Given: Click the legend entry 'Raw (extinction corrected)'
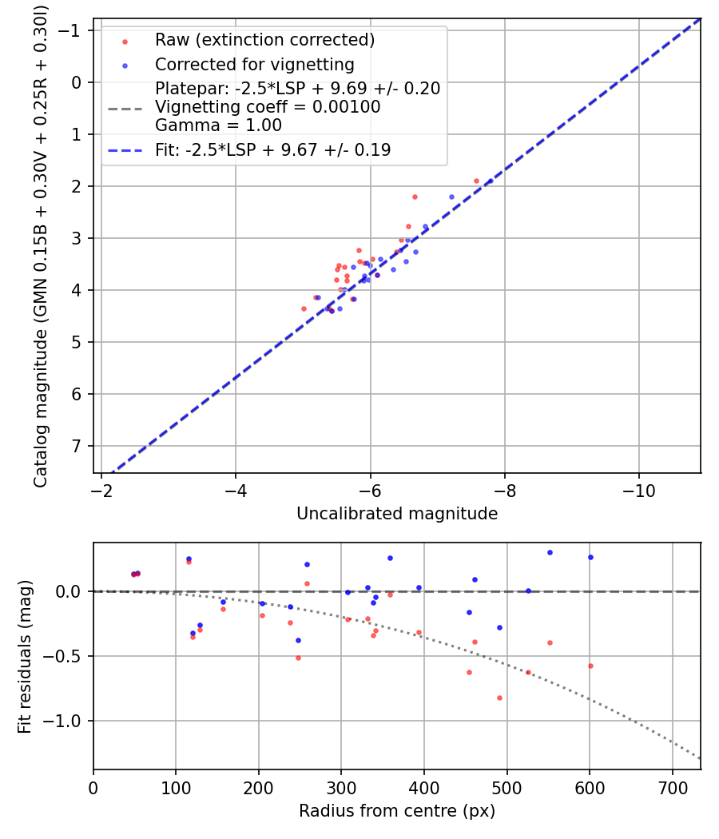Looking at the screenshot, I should (264, 40).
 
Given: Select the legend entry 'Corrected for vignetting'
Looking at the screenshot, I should (254, 64).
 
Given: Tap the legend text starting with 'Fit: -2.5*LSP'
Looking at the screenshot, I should (272, 150).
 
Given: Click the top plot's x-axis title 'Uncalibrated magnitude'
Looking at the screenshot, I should (397, 514).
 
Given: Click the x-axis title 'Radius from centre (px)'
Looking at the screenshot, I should (397, 811).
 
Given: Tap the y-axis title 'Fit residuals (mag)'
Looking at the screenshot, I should (25, 656).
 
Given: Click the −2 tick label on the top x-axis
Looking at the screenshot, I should (101, 490).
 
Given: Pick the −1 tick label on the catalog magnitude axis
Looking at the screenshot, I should (72, 30).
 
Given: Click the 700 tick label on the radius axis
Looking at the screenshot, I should (672, 786).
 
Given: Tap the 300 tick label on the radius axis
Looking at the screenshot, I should (341, 786).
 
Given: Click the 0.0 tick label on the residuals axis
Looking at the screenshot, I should (72, 591).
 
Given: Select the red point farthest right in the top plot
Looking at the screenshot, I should (477, 181).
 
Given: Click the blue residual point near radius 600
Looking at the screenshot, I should (590, 557).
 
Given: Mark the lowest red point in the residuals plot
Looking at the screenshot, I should (499, 698).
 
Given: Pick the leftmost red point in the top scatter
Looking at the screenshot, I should (304, 308).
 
